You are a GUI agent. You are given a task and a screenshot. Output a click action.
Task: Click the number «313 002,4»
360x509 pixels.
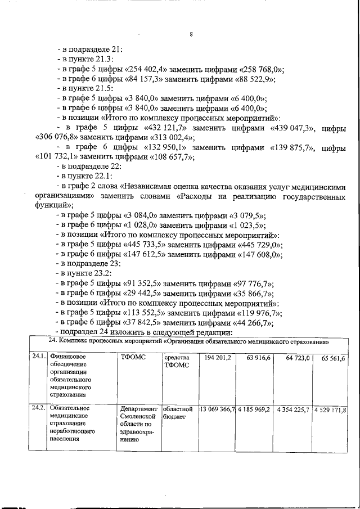coord(170,137)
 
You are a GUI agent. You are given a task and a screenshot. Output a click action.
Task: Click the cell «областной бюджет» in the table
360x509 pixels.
coord(178,413)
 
